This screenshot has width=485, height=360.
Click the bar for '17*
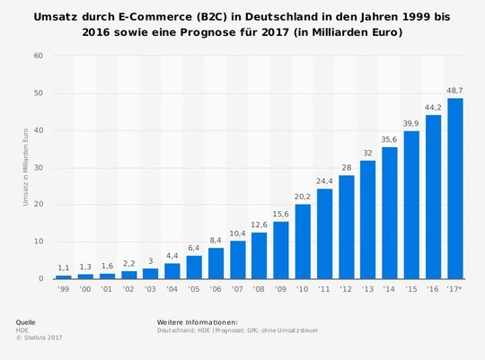coord(455,189)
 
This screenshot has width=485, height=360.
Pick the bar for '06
coord(216,263)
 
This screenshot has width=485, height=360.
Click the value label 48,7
coord(455,91)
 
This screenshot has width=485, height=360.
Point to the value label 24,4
coord(324,180)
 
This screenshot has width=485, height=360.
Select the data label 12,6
coord(259,224)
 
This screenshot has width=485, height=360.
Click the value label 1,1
coord(63,268)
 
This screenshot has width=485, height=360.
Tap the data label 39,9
coord(411,123)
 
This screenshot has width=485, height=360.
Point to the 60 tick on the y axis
coord(38,56)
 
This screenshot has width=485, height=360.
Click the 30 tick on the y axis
coord(38,167)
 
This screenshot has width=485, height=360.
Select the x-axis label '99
coord(63,288)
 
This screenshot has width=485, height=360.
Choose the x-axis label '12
coord(346,288)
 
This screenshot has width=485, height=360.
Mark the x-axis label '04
coord(172,288)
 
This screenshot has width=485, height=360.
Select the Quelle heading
coord(27,321)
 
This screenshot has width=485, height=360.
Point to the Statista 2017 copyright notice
coord(40,338)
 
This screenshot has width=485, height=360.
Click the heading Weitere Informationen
coord(196,321)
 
